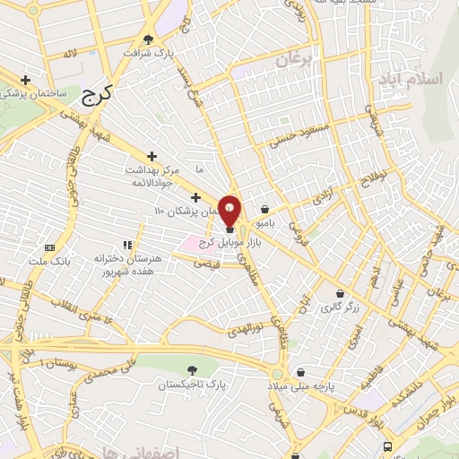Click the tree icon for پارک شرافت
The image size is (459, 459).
coord(148,39)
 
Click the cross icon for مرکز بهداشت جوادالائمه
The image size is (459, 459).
coord(152,156)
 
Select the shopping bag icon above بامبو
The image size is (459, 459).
coord(264,208)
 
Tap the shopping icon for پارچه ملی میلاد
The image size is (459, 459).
coord(300,372)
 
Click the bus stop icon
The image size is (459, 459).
coord(387,446)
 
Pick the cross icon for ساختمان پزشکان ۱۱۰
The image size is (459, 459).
coord(195,197)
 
